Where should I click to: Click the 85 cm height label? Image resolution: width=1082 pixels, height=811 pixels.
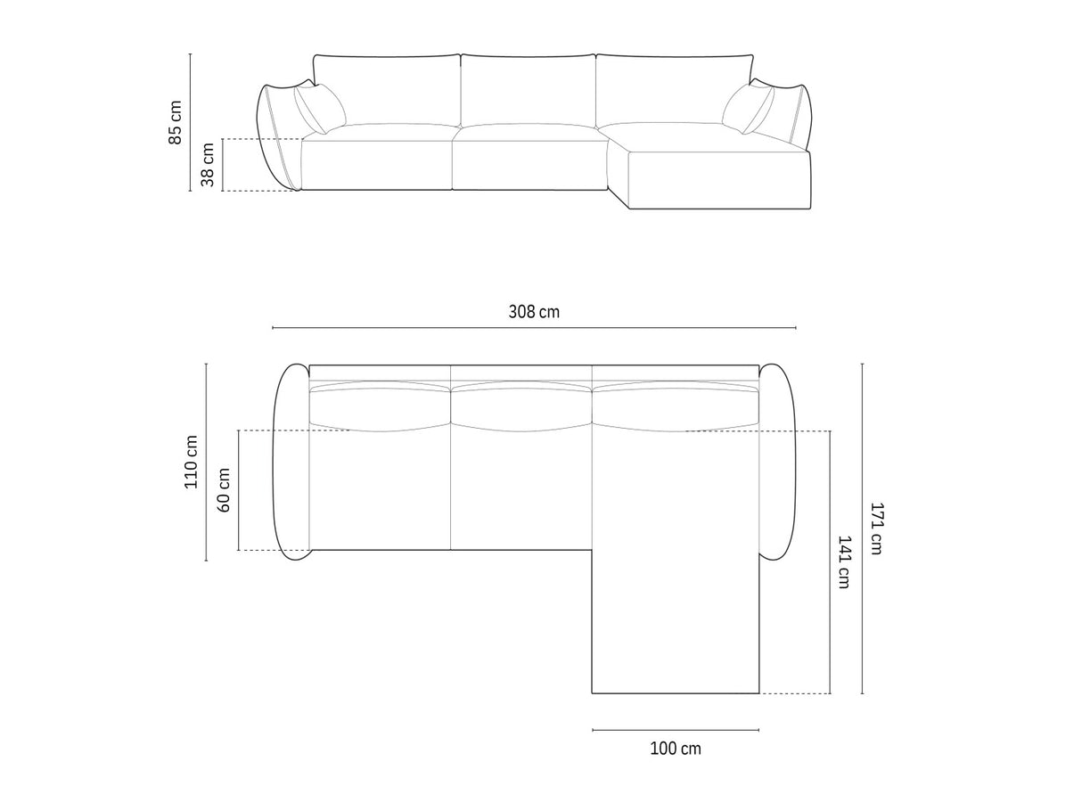(175, 122)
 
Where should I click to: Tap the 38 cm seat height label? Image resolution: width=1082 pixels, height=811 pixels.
(208, 165)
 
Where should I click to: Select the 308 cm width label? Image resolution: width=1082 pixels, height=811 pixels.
(534, 312)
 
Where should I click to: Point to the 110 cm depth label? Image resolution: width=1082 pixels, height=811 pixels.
(191, 462)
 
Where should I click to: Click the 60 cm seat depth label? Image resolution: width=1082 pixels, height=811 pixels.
(224, 490)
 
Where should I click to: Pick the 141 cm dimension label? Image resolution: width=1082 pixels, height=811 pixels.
(844, 562)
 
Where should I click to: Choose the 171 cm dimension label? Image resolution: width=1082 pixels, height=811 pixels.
(876, 528)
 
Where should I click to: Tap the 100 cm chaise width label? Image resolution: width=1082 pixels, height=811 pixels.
(676, 749)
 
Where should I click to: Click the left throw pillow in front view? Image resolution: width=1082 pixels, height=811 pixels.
(320, 109)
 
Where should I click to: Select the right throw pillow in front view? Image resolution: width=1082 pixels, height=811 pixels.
(748, 109)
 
